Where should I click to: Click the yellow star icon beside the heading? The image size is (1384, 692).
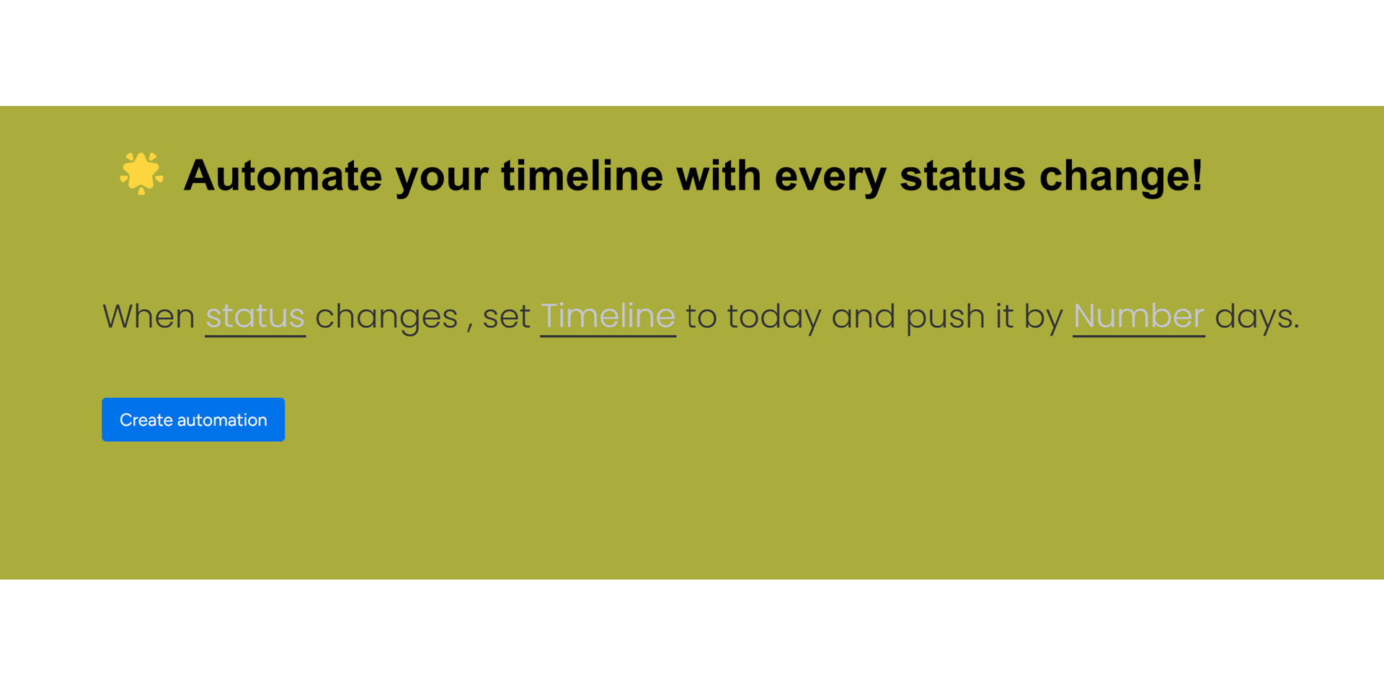141,173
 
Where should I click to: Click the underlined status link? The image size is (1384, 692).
255,316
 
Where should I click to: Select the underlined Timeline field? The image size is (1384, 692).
608,316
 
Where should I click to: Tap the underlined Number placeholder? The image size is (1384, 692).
1139,316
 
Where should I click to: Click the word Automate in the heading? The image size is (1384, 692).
283,175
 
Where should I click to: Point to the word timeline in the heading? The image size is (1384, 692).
582,175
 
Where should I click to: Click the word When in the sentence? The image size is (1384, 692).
148,316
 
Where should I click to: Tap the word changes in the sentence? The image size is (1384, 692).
386,318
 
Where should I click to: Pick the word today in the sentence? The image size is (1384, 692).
774,318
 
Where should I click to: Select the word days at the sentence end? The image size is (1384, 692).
1253,318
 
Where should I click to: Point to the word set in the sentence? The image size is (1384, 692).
506,317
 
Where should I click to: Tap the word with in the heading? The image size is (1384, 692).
719,175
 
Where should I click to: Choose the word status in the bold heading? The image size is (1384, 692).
962,177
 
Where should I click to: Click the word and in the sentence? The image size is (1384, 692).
864,316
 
